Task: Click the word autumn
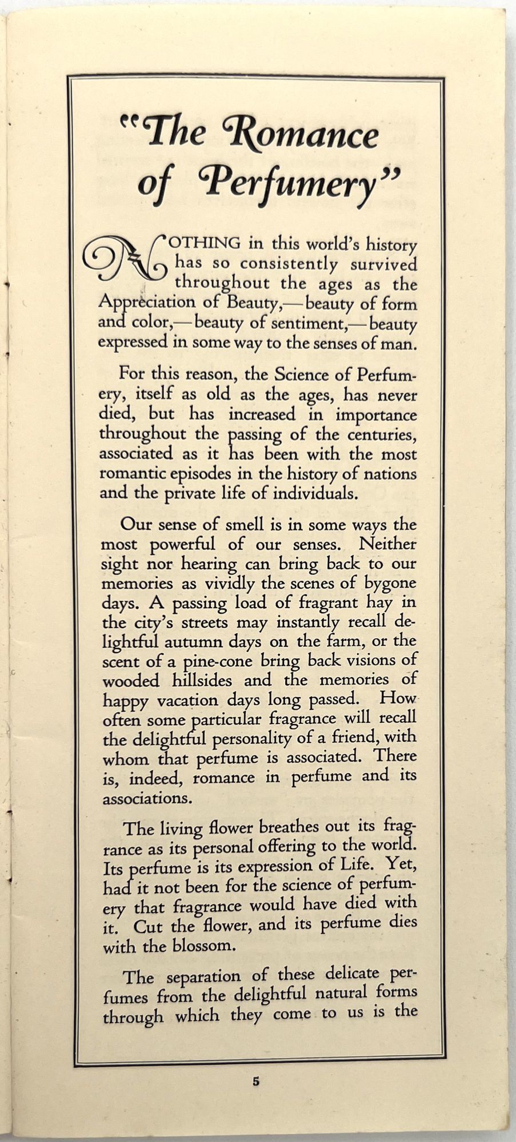[196, 642]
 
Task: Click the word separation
[208, 976]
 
